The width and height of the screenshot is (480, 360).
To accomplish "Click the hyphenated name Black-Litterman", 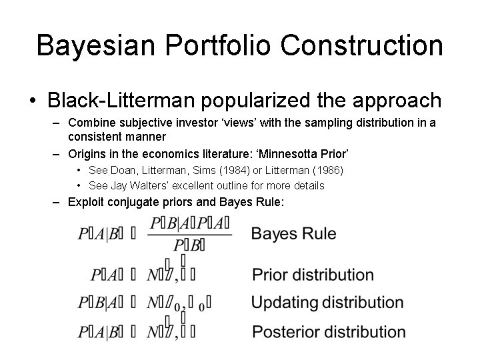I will tap(120, 100).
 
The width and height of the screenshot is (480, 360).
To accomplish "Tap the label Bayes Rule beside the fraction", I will tap(293, 234).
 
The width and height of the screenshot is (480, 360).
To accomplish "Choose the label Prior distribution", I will tap(313, 275).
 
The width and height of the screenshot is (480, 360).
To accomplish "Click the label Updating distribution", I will tap(327, 303).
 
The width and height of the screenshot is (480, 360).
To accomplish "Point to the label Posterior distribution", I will tap(328, 331).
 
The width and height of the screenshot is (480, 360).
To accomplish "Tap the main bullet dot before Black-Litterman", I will tap(32, 101).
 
